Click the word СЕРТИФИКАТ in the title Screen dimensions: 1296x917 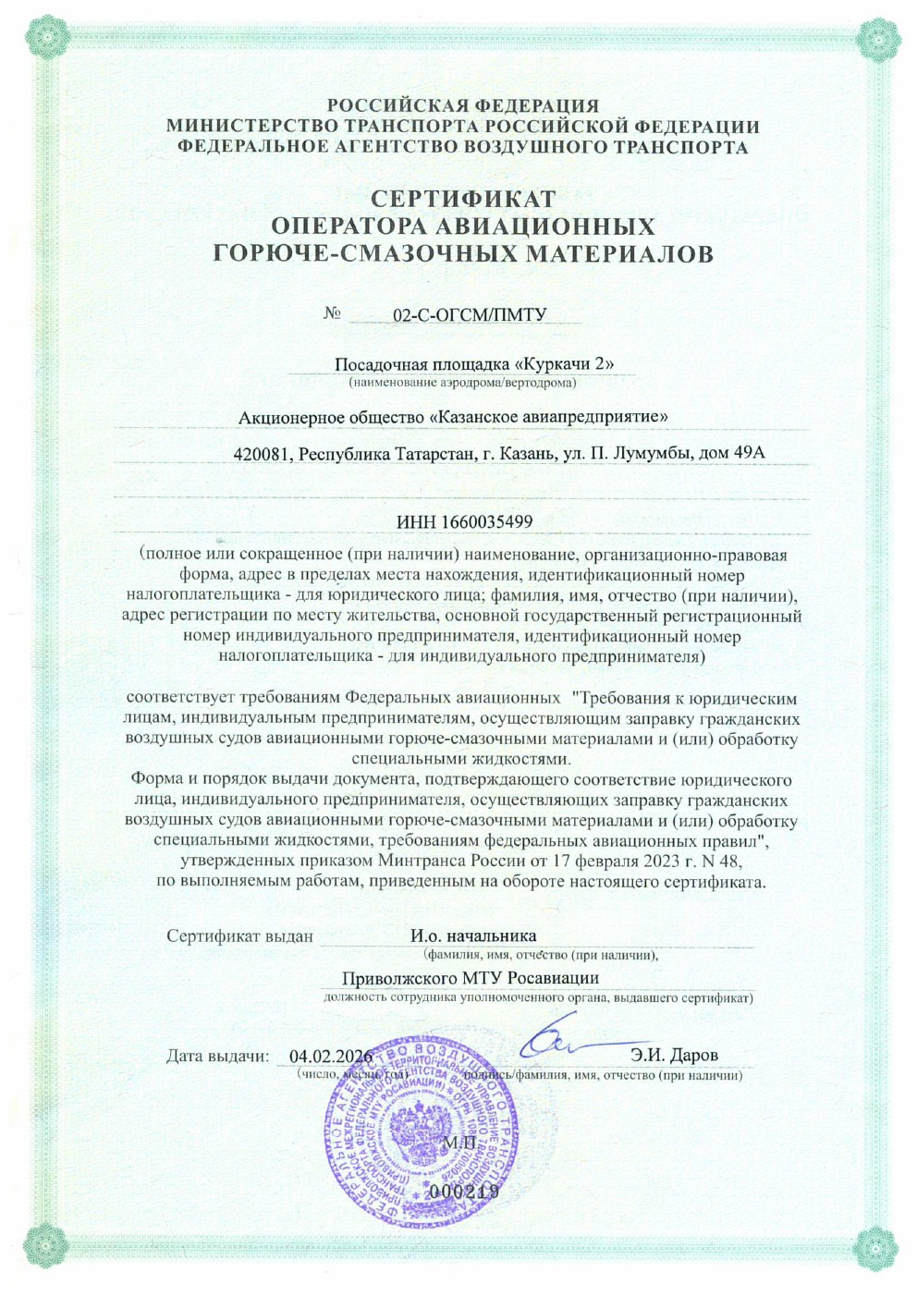[463, 199]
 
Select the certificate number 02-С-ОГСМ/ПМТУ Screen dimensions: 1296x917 [470, 315]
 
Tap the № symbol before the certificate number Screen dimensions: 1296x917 [333, 313]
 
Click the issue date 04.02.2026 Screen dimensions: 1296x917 [330, 1057]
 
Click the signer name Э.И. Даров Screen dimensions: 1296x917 [674, 1055]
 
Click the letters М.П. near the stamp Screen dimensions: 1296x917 [459, 1143]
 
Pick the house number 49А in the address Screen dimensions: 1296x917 [748, 454]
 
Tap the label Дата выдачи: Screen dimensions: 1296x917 [217, 1057]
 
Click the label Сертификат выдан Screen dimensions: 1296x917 [239, 936]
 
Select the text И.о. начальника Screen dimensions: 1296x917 [473, 936]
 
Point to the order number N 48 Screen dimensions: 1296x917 [724, 862]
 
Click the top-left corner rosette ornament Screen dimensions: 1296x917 [43, 40]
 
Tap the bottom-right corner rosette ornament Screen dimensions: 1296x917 [874, 1253]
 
